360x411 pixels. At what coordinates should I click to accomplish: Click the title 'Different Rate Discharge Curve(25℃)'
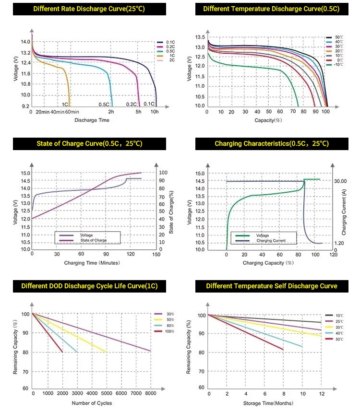pyautogui.click(x=89, y=9)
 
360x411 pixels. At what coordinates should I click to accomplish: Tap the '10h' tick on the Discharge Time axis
pyautogui.click(x=155, y=112)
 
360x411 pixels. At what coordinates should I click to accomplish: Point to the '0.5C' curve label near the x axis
pyautogui.click(x=104, y=104)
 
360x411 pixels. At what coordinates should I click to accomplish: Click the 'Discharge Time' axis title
pyautogui.click(x=92, y=120)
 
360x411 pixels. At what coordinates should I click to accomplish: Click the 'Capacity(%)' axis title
pyautogui.click(x=268, y=120)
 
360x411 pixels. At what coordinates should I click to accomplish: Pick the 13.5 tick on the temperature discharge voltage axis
pyautogui.click(x=200, y=37)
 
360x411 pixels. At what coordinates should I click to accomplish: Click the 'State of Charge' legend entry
pyautogui.click(x=94, y=240)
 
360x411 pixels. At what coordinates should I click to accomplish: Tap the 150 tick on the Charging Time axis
pyautogui.click(x=156, y=255)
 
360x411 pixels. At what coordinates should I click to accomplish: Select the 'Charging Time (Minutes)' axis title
pyautogui.click(x=92, y=263)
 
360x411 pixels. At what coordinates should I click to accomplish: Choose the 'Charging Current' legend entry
pyautogui.click(x=271, y=240)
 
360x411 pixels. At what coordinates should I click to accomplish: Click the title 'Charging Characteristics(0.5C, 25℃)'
pyautogui.click(x=271, y=143)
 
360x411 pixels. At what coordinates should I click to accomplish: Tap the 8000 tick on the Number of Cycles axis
pyautogui.click(x=150, y=393)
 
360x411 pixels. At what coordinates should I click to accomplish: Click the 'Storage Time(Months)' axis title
pyautogui.click(x=268, y=403)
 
